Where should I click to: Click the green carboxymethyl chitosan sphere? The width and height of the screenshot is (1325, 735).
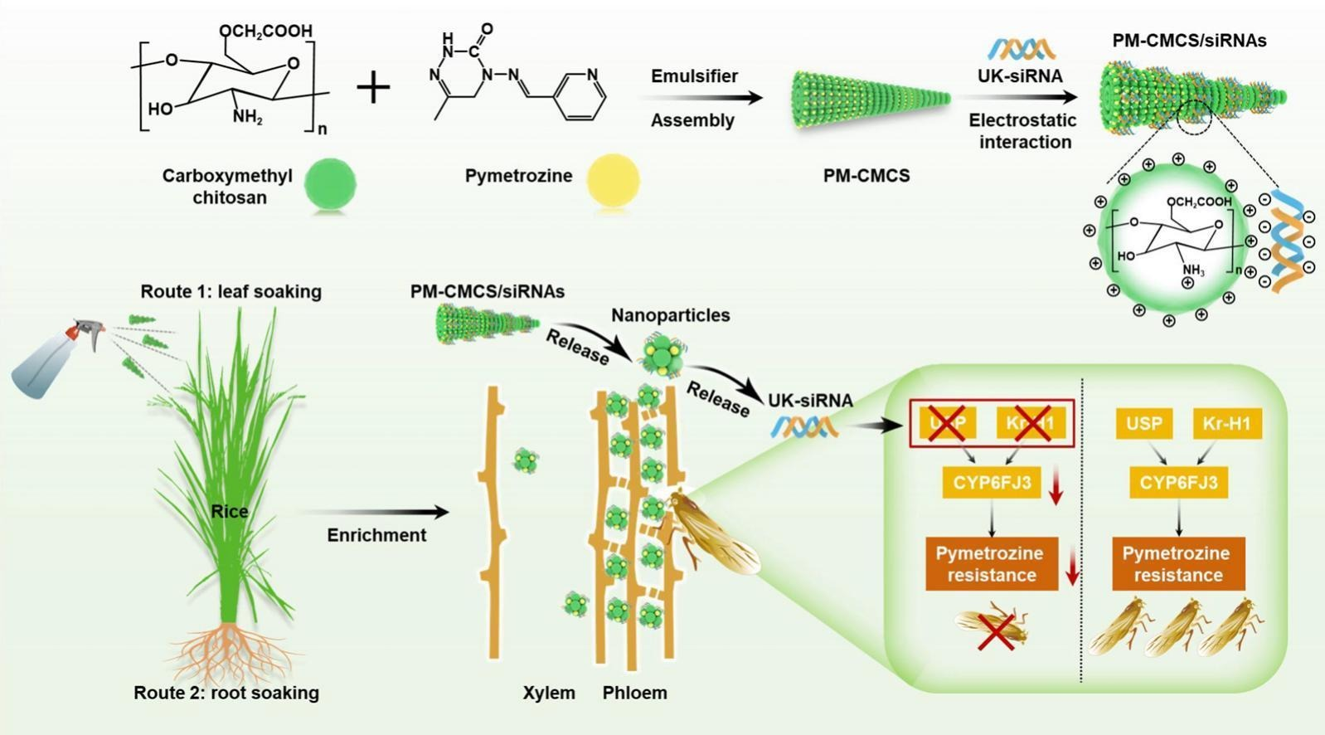click(331, 183)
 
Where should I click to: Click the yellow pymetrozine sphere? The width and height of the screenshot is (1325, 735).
click(614, 179)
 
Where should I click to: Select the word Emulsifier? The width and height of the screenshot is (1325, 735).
click(694, 76)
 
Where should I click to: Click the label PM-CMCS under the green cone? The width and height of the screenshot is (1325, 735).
click(866, 176)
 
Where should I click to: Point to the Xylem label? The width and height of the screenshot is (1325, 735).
click(549, 693)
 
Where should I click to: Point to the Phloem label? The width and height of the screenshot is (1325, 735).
click(634, 693)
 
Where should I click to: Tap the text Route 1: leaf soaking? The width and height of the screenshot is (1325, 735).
click(231, 292)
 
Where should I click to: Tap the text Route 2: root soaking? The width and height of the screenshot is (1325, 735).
click(226, 693)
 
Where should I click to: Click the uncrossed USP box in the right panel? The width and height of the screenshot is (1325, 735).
click(1144, 424)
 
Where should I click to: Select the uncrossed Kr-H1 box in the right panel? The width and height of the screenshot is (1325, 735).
click(1226, 424)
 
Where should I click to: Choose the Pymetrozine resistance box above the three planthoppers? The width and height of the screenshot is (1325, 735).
click(1178, 565)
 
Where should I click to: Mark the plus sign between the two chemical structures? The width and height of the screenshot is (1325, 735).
click(373, 86)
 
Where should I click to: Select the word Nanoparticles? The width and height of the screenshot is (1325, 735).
click(670, 315)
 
